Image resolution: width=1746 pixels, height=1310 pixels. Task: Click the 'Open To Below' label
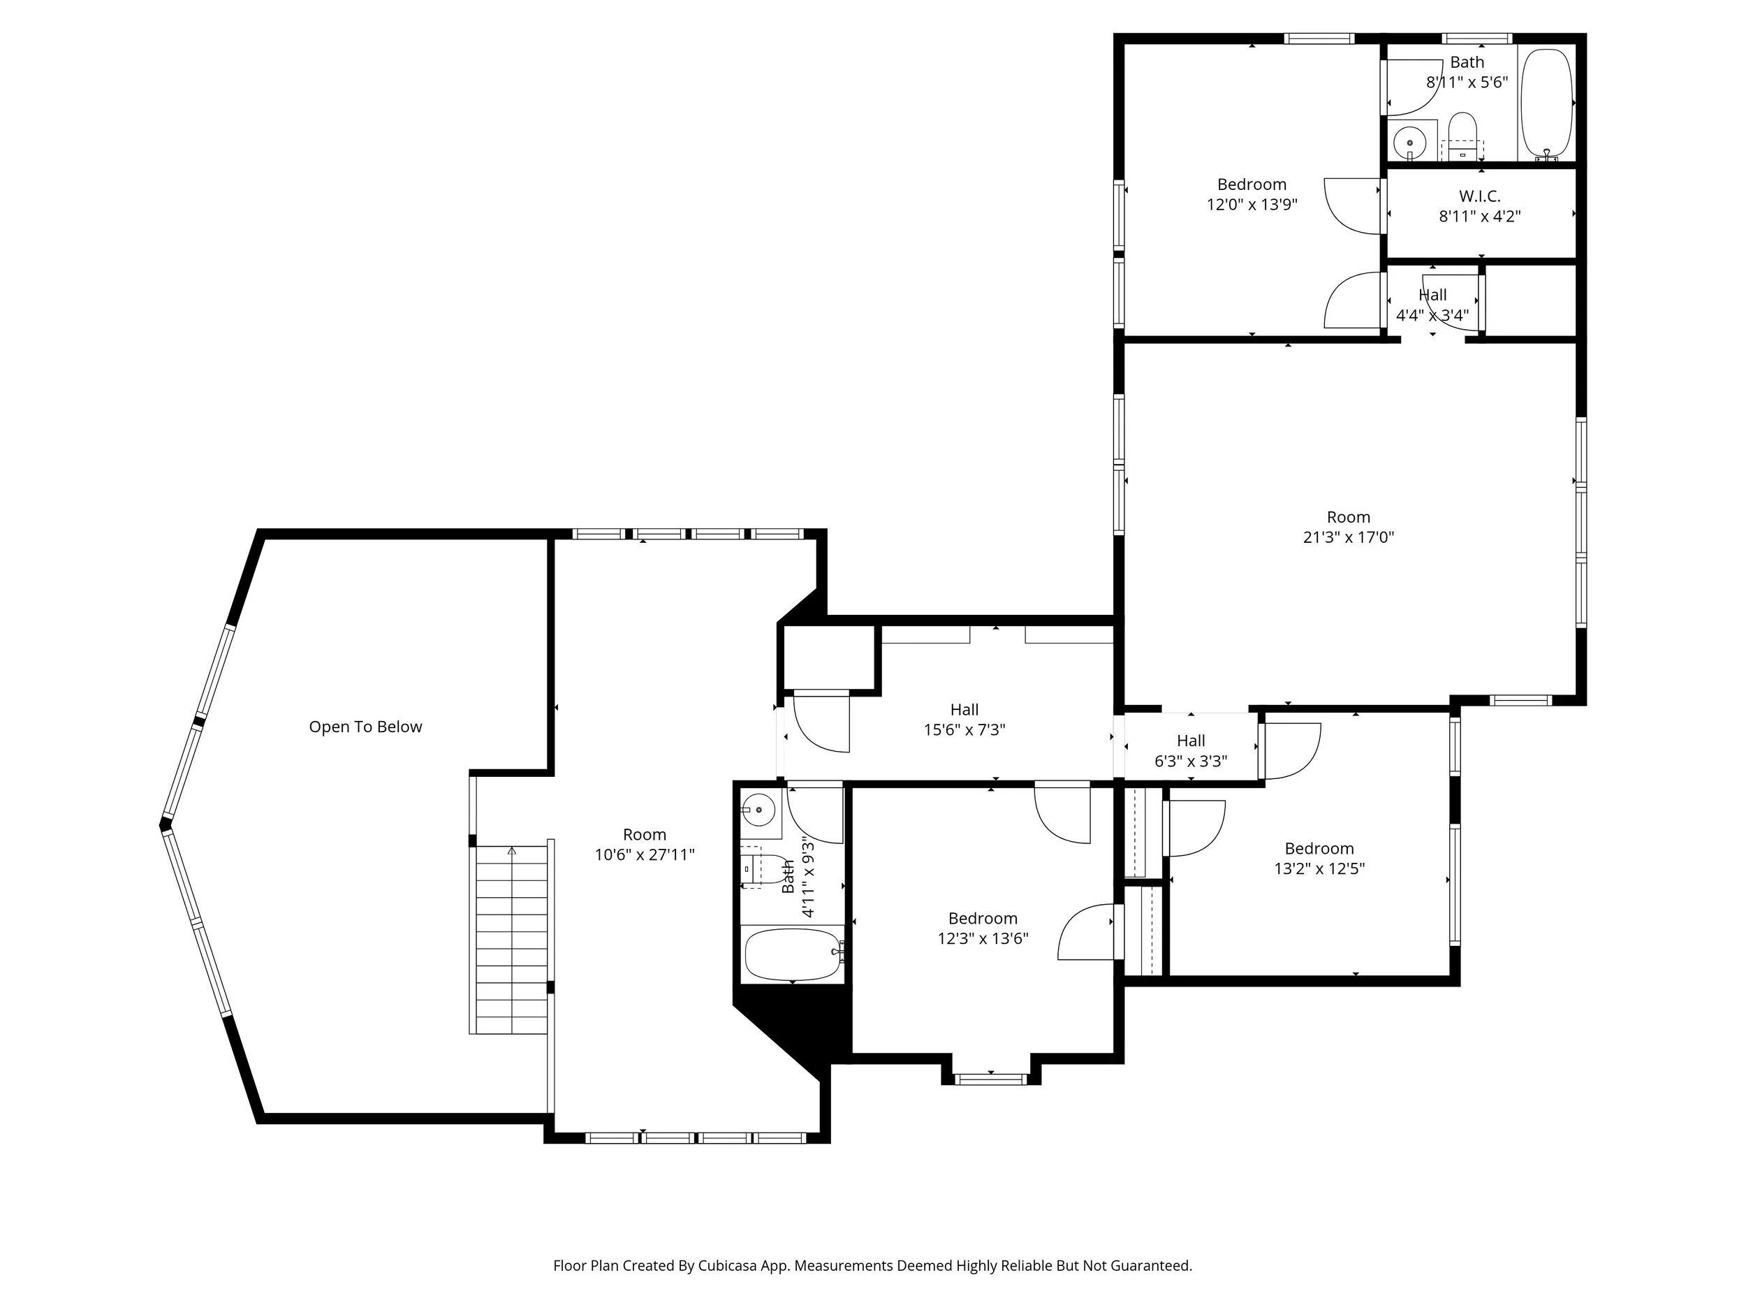click(365, 727)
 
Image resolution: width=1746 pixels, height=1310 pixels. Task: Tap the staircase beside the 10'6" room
click(511, 940)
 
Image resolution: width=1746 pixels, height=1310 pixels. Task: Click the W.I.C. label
click(1479, 196)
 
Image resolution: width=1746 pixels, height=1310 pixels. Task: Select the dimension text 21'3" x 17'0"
click(1348, 538)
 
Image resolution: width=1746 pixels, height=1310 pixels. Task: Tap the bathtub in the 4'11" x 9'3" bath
click(792, 954)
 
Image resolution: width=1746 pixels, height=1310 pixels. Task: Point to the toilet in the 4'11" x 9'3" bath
click(760, 868)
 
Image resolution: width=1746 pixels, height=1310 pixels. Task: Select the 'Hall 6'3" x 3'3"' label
click(1190, 751)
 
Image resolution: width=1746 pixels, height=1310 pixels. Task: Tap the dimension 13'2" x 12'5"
click(1319, 868)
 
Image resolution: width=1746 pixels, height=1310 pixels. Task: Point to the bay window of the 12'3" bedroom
click(990, 1079)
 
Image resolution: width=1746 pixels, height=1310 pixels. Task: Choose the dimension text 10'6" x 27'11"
click(644, 854)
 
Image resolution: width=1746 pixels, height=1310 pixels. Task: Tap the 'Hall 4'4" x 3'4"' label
click(1432, 305)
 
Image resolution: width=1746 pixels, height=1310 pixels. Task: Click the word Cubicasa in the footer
click(727, 1266)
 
